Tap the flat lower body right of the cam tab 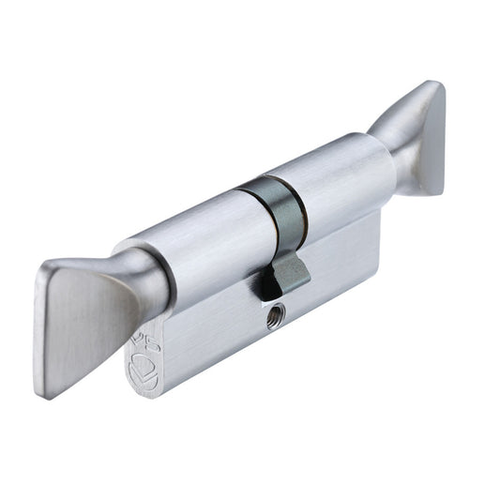347,263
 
